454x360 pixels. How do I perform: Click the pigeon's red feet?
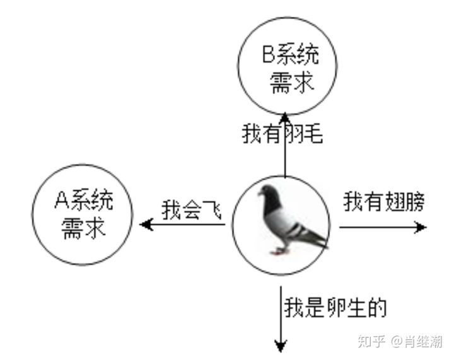(279, 250)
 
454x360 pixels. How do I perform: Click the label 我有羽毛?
(282, 133)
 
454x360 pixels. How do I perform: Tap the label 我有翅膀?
(384, 202)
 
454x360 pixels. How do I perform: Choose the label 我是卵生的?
(334, 308)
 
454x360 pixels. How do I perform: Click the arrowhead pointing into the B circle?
(284, 117)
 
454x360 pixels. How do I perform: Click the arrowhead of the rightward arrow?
(421, 227)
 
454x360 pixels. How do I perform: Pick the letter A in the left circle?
(62, 201)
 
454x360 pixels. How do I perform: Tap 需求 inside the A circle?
(83, 227)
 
